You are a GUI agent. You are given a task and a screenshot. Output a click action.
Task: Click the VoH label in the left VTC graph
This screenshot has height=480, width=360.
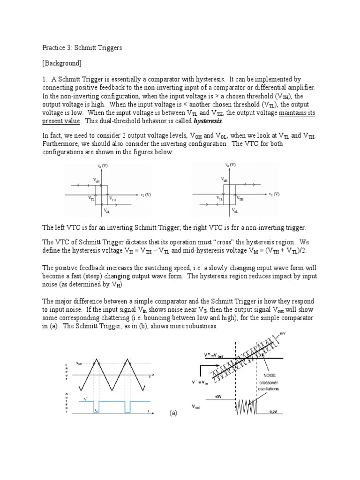coord(96,180)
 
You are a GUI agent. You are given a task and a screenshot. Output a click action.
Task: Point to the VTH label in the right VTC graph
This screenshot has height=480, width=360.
coord(240,199)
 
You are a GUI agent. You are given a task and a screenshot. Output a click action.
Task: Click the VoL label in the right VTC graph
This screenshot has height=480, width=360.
coord(235,211)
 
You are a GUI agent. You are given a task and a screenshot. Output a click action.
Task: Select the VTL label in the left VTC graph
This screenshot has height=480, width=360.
coord(91,199)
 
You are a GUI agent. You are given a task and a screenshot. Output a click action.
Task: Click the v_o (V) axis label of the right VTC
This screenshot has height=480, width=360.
coord(230,165)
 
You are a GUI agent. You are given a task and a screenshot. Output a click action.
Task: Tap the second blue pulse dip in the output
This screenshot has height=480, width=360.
coord(127,406)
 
